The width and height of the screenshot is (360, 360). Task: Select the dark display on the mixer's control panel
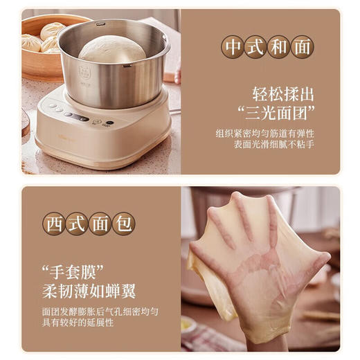click(x=78, y=117)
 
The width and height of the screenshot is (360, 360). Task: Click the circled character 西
click(x=56, y=223)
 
